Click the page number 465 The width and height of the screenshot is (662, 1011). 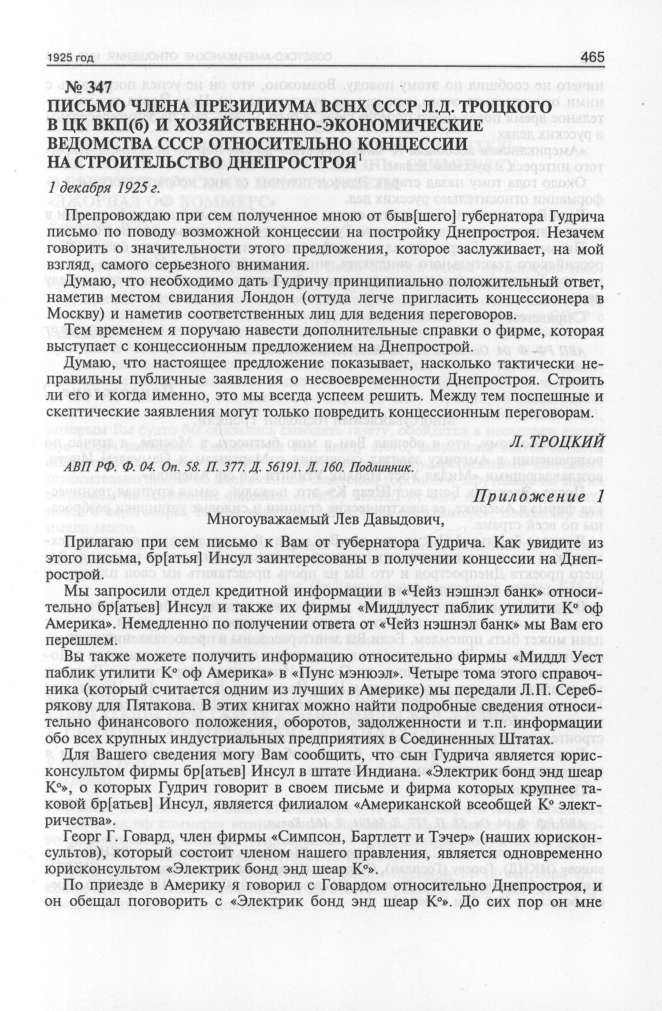pyautogui.click(x=592, y=57)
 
